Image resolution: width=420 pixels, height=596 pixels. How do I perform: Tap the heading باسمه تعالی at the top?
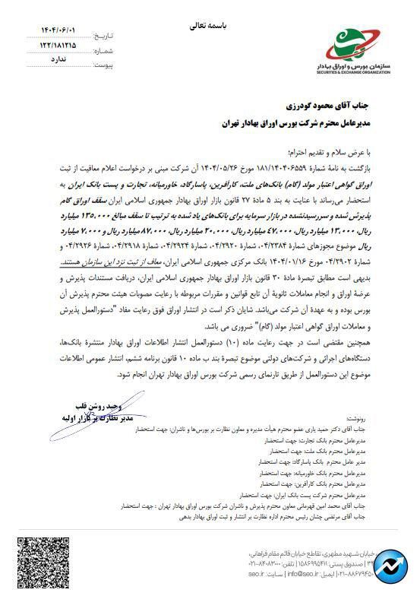[209, 25]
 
